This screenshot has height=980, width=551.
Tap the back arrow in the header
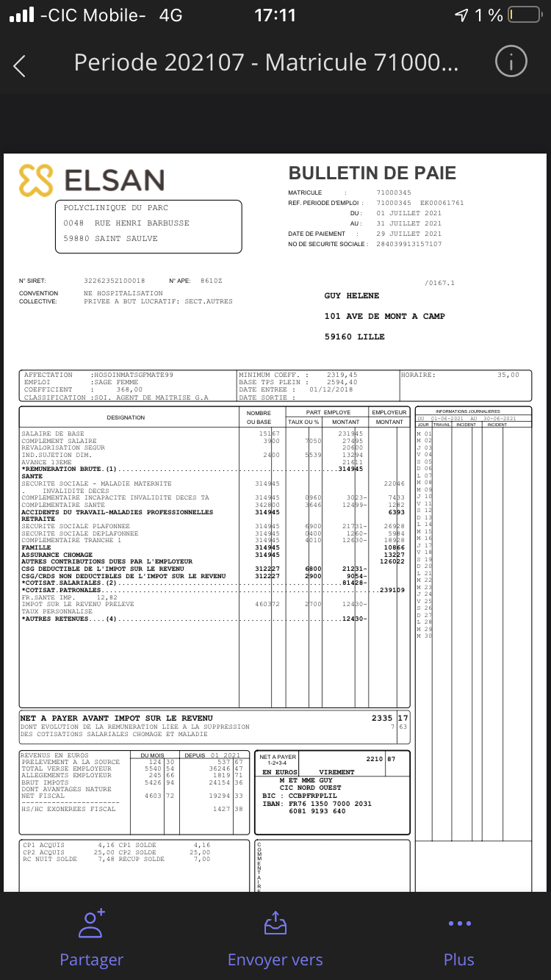pyautogui.click(x=20, y=65)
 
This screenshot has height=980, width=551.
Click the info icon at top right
pyautogui.click(x=511, y=62)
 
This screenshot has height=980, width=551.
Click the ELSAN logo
pyautogui.click(x=92, y=180)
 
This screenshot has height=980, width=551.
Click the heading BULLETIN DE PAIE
pyautogui.click(x=372, y=173)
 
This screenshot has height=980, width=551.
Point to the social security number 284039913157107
pyautogui.click(x=409, y=244)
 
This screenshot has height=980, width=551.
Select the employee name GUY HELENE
pyautogui.click(x=352, y=295)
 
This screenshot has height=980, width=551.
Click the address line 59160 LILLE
pyautogui.click(x=354, y=336)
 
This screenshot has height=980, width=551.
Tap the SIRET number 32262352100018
pyautogui.click(x=115, y=281)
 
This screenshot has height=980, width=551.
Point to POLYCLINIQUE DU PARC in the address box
pyautogui.click(x=116, y=208)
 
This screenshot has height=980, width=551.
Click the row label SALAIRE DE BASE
pyautogui.click(x=53, y=433)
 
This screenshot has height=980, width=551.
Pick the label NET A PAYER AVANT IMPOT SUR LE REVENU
pyautogui.click(x=116, y=718)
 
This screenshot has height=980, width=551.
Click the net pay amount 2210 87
pyautogui.click(x=381, y=758)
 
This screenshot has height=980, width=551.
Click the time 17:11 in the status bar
pyautogui.click(x=275, y=15)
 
